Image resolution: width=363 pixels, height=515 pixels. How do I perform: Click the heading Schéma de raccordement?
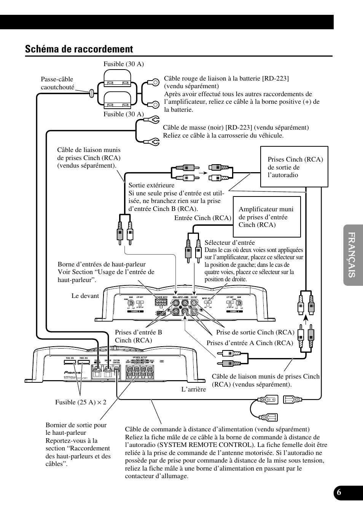[x=79, y=49]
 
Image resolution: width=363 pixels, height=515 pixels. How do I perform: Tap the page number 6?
[x=339, y=491]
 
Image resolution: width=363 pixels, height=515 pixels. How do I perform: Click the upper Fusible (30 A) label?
[x=124, y=64]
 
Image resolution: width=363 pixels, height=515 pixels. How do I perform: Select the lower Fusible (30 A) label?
[x=124, y=114]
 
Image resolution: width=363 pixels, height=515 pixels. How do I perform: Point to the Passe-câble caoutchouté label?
[x=57, y=83]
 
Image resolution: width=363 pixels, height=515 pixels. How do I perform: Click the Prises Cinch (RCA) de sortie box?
[x=294, y=167]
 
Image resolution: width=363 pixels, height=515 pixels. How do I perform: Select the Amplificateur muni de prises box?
[x=266, y=217]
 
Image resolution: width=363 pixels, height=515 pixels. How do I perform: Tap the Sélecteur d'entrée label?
[x=229, y=242]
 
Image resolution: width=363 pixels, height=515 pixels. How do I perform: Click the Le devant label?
[x=85, y=296]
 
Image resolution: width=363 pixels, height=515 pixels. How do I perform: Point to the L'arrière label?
[x=193, y=389]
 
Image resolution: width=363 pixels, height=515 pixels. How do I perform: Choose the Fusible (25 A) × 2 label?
[x=81, y=402]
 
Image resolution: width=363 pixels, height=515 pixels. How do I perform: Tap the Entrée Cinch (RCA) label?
[x=203, y=218]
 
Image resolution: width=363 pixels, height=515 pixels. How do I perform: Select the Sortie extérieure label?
[x=151, y=185]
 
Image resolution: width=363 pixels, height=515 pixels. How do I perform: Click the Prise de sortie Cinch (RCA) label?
[x=255, y=332]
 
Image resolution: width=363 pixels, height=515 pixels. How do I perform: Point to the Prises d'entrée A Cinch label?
[x=250, y=343]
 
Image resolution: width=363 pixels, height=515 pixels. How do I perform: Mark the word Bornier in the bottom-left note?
[x=56, y=425]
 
